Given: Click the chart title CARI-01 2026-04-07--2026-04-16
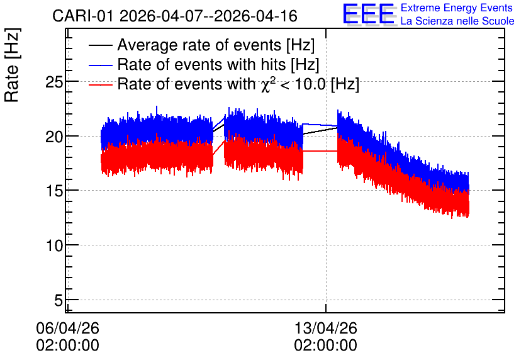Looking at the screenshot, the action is (x=175, y=16).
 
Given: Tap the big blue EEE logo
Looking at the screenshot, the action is (x=368, y=14).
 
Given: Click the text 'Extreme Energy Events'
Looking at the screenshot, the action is (x=457, y=8).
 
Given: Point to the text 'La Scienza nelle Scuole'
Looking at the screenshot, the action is (x=457, y=21).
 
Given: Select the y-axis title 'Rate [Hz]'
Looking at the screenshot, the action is (x=12, y=65).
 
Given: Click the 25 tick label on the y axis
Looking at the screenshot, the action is (x=54, y=82).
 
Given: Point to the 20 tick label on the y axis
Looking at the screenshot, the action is (x=54, y=137).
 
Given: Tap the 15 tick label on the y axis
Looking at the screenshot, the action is (x=54, y=191).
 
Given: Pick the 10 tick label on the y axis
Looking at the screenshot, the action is (x=54, y=245).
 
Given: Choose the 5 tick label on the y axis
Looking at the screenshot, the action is (x=59, y=300).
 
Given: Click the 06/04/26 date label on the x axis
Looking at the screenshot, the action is (x=67, y=328).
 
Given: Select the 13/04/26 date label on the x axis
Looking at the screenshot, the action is (x=326, y=328).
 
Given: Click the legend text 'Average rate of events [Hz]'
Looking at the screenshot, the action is (x=216, y=45).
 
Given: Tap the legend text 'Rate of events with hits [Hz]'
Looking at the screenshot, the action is (x=218, y=64).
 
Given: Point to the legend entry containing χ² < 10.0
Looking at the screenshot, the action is (x=238, y=84).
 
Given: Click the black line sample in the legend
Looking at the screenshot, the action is (x=100, y=45).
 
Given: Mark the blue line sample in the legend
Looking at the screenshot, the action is (x=100, y=65).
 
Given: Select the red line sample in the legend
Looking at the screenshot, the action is (x=100, y=85).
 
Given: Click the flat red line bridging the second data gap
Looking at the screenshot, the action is (x=320, y=151).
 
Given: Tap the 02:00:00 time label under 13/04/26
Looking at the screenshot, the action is (x=326, y=346).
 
